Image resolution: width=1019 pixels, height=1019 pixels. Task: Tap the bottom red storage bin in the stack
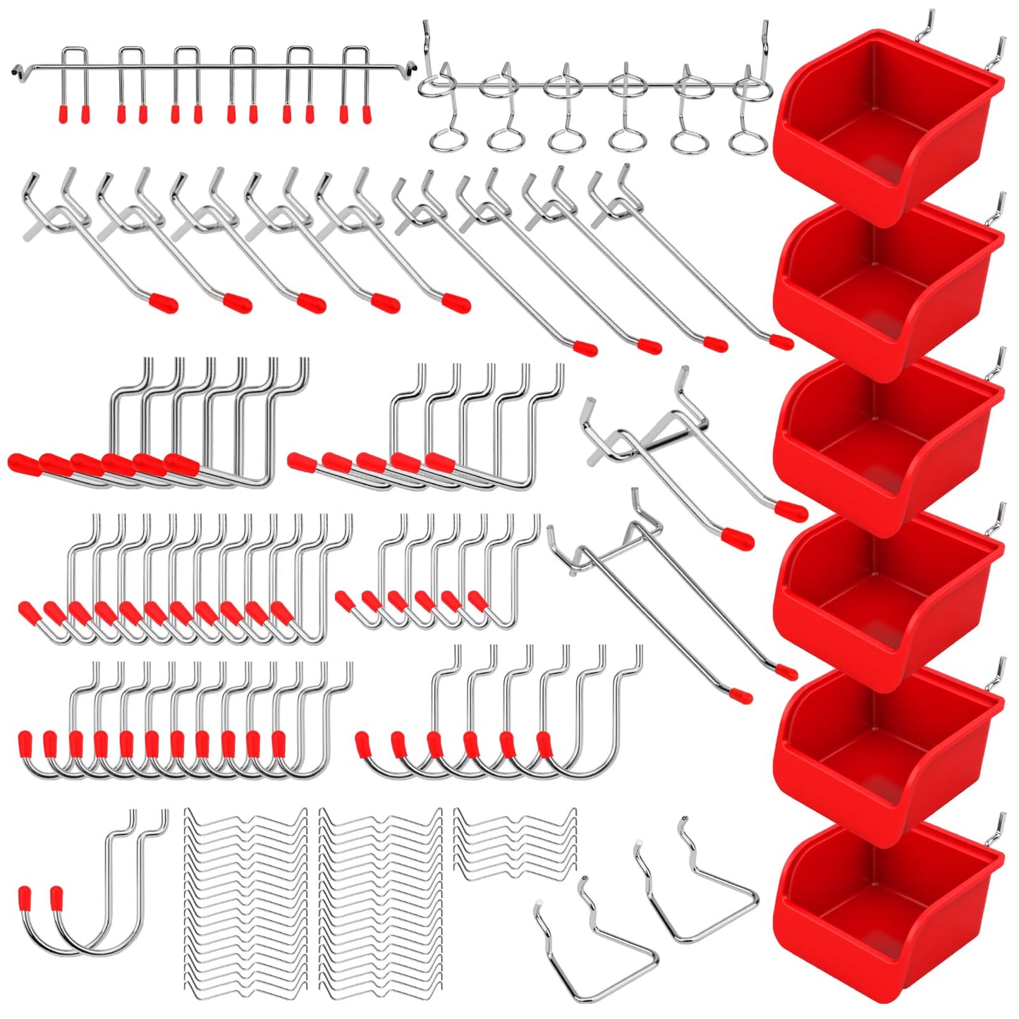tap(885, 910)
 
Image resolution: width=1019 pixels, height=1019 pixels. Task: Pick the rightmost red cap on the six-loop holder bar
tap(367, 114)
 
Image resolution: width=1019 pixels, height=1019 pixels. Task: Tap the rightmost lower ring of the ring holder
tap(747, 141)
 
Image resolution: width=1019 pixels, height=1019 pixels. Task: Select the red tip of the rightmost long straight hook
tap(781, 342)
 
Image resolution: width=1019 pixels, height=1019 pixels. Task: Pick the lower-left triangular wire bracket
tap(596, 945)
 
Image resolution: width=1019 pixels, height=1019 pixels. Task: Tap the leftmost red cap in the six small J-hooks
tap(345, 600)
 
